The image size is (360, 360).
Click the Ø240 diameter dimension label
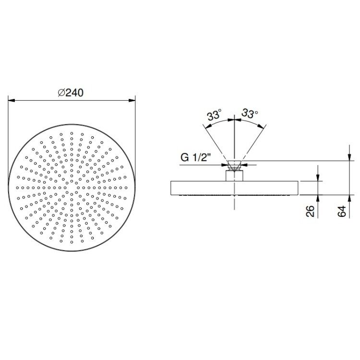(71, 93)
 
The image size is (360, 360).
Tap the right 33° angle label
(250, 113)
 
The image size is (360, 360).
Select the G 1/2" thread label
(196, 157)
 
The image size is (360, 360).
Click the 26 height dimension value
(310, 211)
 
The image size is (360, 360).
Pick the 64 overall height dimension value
(342, 211)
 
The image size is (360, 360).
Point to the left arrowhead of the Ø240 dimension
(12, 100)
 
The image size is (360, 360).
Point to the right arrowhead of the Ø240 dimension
(132, 100)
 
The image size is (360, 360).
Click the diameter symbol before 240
(61, 93)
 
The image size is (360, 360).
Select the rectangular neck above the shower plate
(234, 176)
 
